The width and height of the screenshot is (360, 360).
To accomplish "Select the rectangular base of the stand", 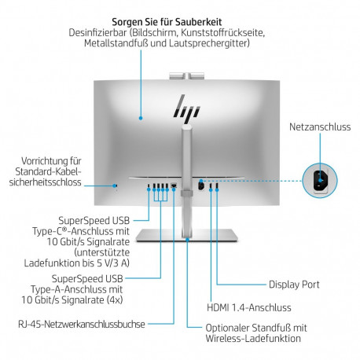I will (x=185, y=237).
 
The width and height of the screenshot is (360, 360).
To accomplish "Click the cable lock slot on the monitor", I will (x=116, y=186).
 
